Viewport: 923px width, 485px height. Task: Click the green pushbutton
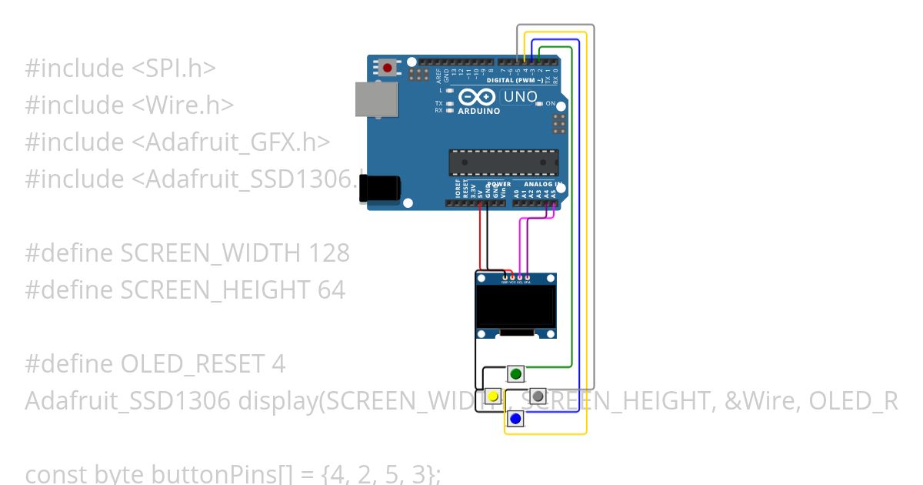515,375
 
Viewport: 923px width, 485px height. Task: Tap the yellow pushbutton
492,396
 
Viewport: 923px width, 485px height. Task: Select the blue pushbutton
515,419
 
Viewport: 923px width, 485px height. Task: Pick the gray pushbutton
538,396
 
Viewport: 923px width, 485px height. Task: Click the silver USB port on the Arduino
377,99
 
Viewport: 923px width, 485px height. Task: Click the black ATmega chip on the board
504,162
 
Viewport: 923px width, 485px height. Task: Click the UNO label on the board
520,97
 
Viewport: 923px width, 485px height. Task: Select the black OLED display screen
515,306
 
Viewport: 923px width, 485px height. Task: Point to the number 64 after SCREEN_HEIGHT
331,289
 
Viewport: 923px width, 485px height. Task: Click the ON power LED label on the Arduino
551,102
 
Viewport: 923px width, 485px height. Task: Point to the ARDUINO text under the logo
478,111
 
